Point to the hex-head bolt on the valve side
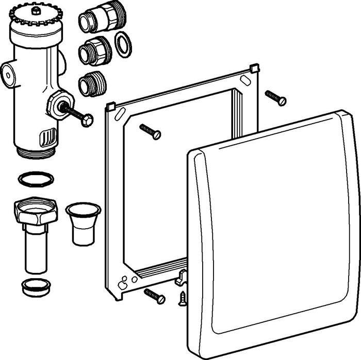tap(77, 114)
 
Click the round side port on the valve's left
tap(9, 73)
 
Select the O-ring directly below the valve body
tap(36, 179)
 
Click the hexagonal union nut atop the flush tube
tap(33, 212)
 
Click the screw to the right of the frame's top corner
tap(275, 97)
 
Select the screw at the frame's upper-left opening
tap(150, 131)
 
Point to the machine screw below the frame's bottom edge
tap(154, 296)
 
